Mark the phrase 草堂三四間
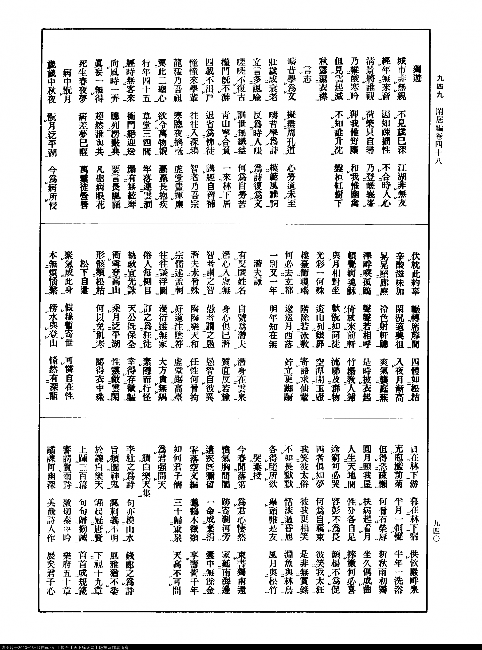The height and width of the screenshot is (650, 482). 146,137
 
